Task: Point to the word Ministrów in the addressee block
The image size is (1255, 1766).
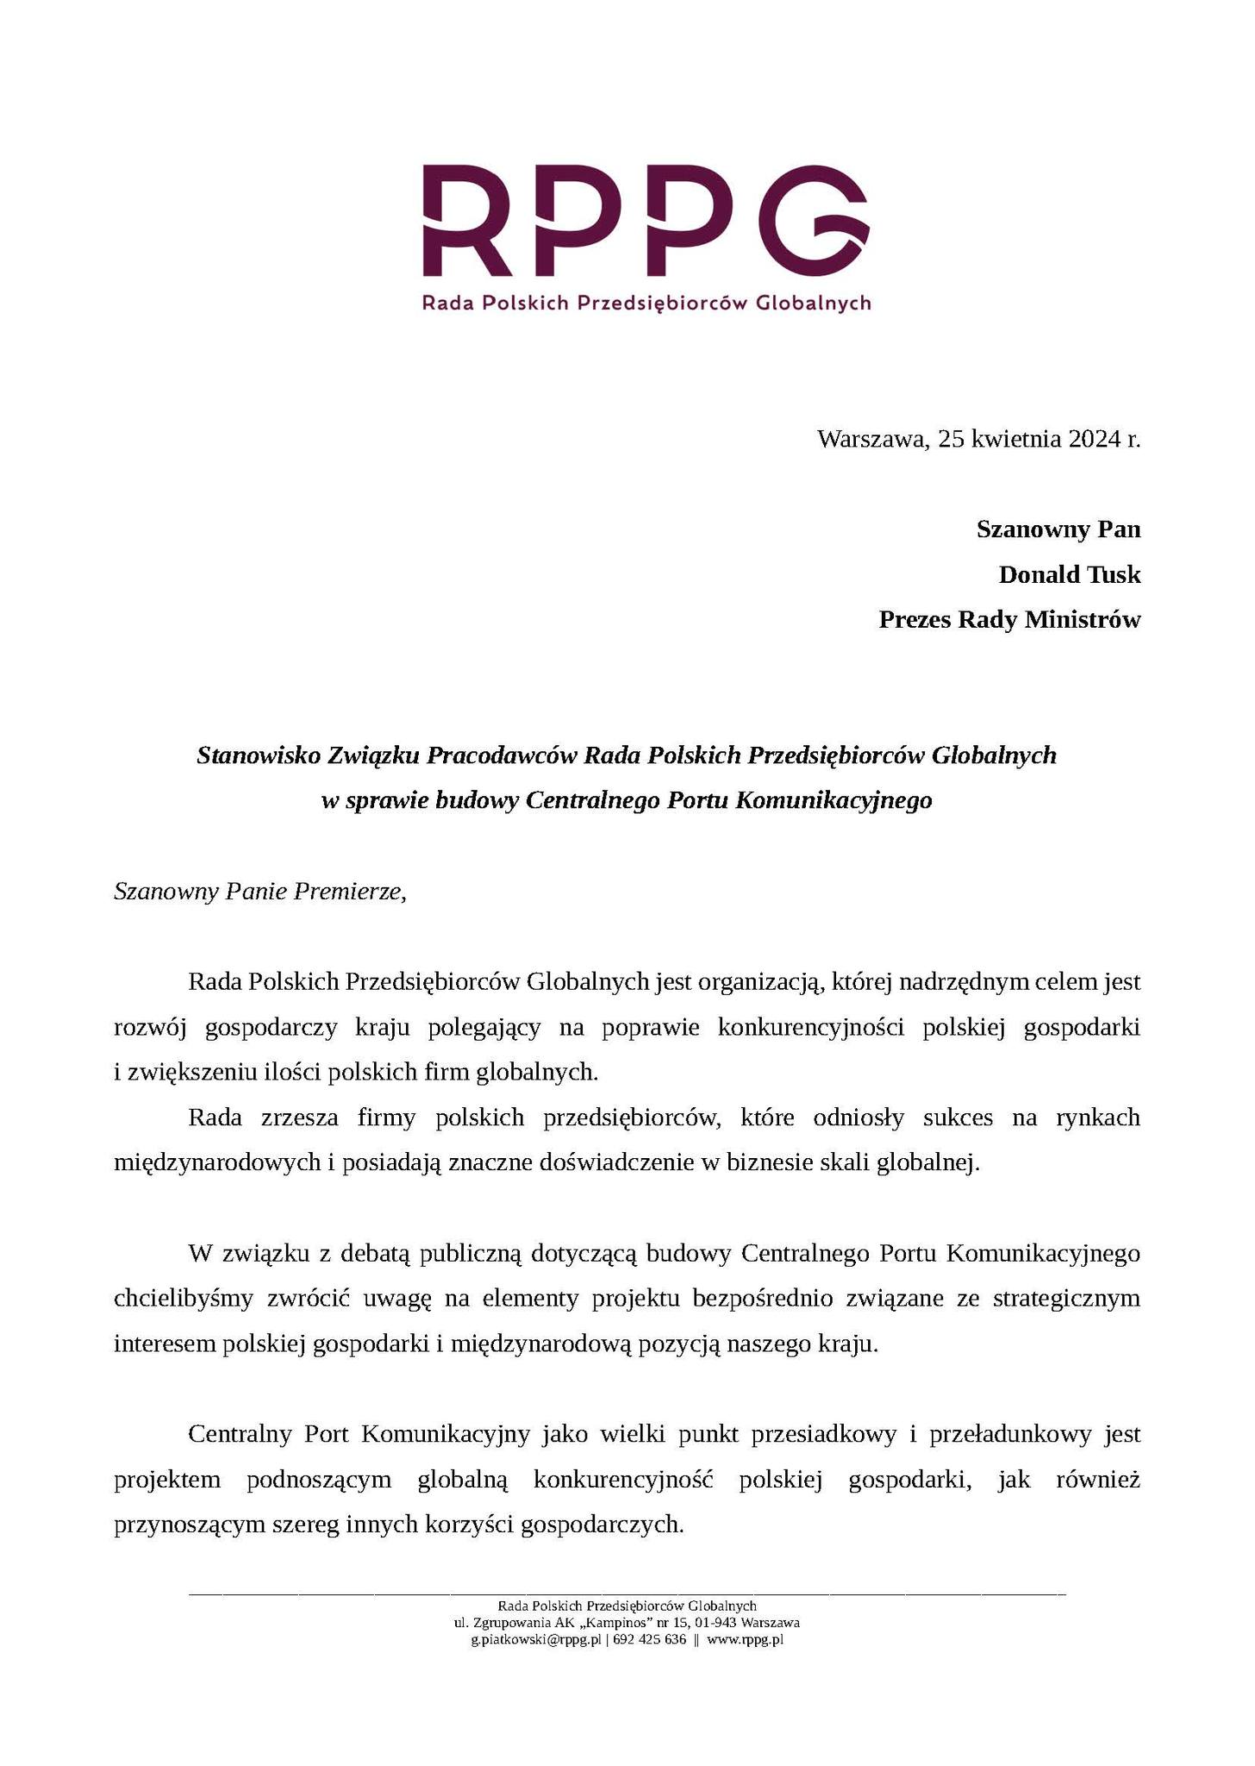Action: (x=1084, y=619)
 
